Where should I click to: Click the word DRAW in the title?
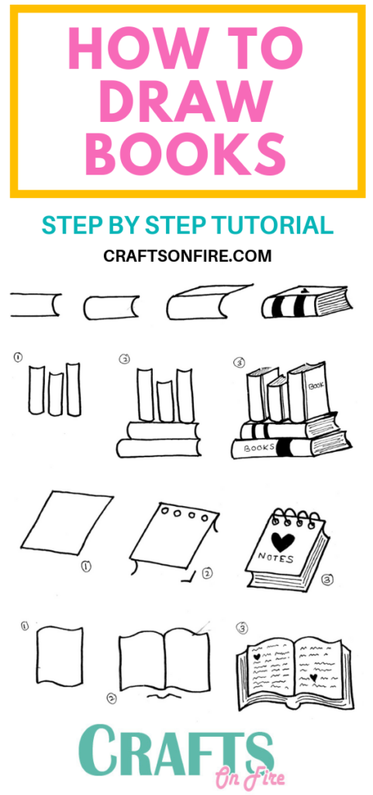tap(186, 101)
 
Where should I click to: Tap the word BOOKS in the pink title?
tap(186, 153)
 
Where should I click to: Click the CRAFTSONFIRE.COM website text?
tap(187, 255)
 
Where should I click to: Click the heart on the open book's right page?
tap(313, 677)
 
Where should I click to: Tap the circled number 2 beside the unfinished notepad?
tap(207, 574)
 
